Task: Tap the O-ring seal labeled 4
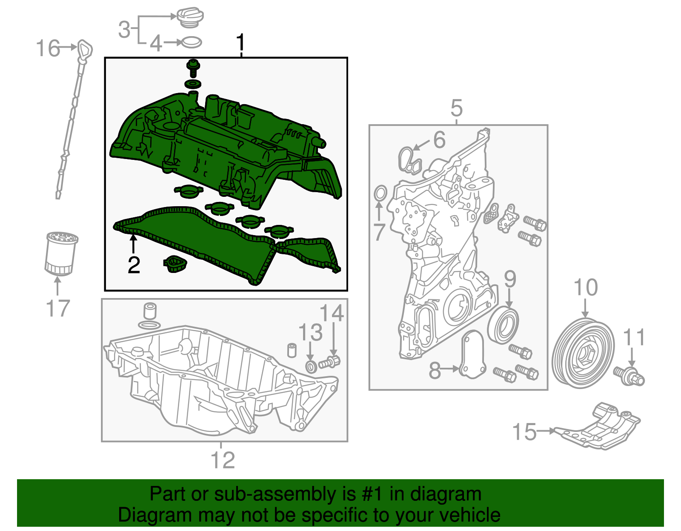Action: pos(191,43)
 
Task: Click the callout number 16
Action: pos(48,48)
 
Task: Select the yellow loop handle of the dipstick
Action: pos(85,49)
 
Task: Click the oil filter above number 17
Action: pos(61,253)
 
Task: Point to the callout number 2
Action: pos(134,265)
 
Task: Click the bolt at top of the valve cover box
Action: pos(193,68)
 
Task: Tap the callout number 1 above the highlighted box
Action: pos(240,43)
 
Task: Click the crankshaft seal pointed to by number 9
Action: pos(504,325)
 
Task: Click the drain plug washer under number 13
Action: pos(312,366)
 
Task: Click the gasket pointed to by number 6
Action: pos(408,159)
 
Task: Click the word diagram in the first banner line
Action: pos(446,494)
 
